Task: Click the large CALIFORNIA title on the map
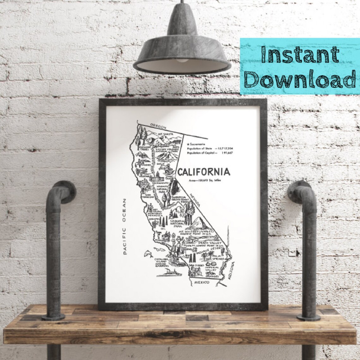[203, 172]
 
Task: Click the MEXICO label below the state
[202, 281]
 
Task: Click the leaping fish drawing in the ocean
[147, 254]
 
